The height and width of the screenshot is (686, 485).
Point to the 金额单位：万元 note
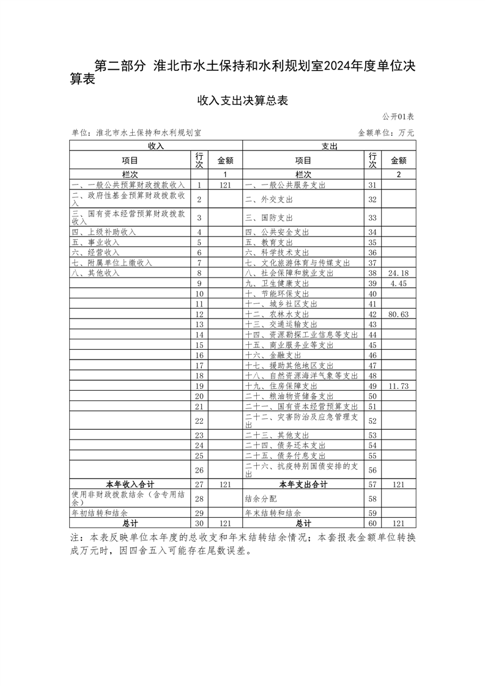(x=386, y=133)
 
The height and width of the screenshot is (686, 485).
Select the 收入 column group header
(x=156, y=146)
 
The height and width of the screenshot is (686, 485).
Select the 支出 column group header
(x=329, y=146)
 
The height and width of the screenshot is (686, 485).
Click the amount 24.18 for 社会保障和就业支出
(x=398, y=273)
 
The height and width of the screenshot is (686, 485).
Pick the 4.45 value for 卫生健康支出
(x=398, y=284)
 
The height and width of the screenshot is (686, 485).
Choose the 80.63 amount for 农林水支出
(x=398, y=314)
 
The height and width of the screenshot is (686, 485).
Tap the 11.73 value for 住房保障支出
(x=398, y=386)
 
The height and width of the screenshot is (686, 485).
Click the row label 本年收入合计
(x=130, y=484)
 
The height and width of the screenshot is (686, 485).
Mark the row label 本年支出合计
(x=303, y=484)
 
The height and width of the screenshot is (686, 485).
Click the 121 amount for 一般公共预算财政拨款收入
(x=224, y=185)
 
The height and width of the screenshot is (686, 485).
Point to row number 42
(x=372, y=314)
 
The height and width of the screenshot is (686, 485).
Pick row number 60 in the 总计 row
(x=372, y=524)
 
